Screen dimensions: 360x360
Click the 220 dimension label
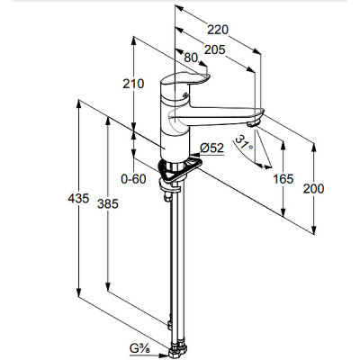coord(218,30)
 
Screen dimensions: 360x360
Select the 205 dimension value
coord(215,49)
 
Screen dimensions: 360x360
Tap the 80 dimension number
coord(191,58)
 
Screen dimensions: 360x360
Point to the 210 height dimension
coord(133,84)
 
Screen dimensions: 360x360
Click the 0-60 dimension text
coord(133,179)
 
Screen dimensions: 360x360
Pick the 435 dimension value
coord(78,198)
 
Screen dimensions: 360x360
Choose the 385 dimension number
coord(108,204)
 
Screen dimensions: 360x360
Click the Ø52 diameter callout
coord(212,148)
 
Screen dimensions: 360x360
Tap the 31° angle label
coord(244,143)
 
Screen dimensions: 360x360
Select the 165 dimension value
coord(283,179)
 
